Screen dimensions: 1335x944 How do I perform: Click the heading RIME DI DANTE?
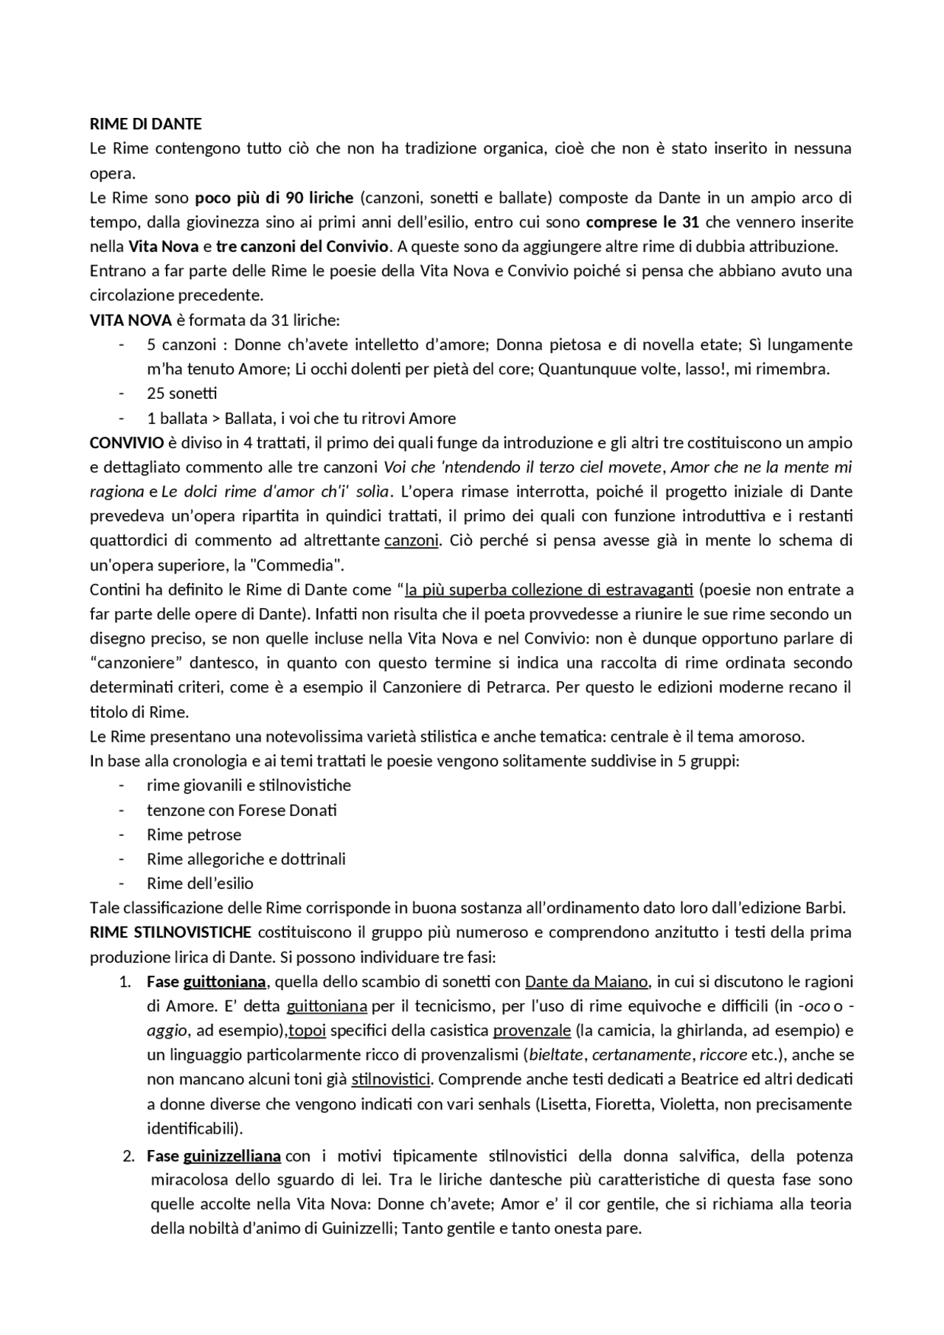[x=145, y=124]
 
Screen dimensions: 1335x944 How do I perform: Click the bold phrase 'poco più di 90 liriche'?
[x=274, y=198]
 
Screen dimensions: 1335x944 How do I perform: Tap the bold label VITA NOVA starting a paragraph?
[x=131, y=320]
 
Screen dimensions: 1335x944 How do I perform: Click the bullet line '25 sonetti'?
[x=181, y=394]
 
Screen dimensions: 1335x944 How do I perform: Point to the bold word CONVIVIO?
[x=126, y=442]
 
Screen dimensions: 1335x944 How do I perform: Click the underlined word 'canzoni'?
[x=411, y=540]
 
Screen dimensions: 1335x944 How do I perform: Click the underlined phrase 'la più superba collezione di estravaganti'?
[x=549, y=590]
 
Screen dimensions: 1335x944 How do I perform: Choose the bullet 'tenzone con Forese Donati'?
[x=241, y=810]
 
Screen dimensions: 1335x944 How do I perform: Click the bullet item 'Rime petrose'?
[x=193, y=834]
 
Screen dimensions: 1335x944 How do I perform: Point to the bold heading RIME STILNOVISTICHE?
[x=170, y=933]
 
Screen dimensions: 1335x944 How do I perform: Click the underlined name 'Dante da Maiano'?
[x=586, y=982]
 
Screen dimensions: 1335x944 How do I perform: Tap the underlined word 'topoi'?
[x=307, y=1031]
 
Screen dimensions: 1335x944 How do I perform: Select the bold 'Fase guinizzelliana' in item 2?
[x=213, y=1156]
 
